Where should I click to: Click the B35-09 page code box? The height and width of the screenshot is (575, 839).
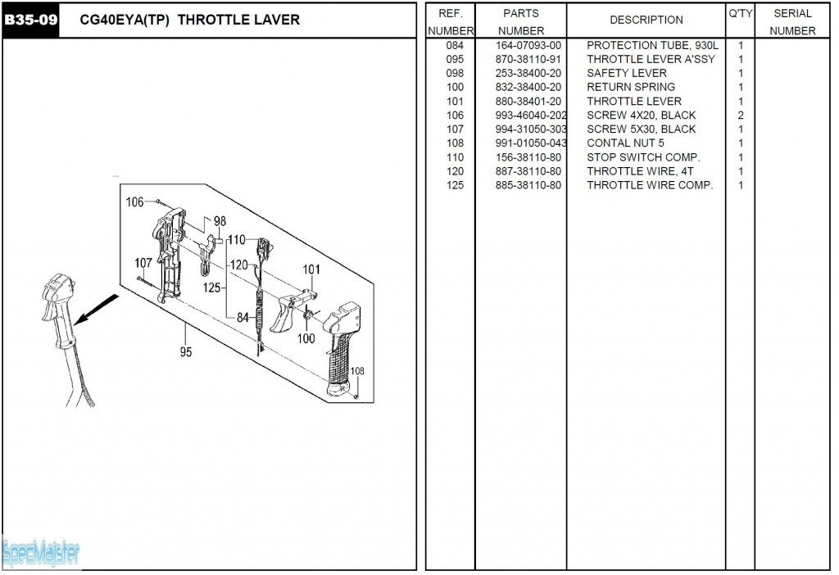click(x=31, y=20)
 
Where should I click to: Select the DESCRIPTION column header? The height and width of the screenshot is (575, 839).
click(x=646, y=20)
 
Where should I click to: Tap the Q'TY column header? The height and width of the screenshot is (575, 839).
click(x=740, y=14)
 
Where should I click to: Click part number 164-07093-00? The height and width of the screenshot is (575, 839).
click(x=528, y=45)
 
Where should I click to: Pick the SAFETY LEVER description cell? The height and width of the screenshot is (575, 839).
click(x=626, y=73)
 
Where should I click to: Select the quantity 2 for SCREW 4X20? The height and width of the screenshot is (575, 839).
click(x=741, y=115)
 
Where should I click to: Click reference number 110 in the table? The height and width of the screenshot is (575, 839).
click(x=455, y=157)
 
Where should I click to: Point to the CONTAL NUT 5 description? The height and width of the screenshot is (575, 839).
click(x=625, y=143)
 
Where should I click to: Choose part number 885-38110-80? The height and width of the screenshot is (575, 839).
click(x=528, y=185)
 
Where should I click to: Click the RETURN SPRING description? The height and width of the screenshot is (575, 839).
click(x=631, y=87)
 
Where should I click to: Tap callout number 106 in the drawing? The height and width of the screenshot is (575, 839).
click(x=134, y=201)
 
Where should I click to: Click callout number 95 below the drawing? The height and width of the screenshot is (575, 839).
click(x=186, y=352)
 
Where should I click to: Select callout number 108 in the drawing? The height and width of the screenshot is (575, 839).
click(x=357, y=371)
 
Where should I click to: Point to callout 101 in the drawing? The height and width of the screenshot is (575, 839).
click(x=311, y=269)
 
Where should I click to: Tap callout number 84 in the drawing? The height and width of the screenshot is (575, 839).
click(x=243, y=318)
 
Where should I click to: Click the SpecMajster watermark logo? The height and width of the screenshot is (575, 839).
click(x=41, y=554)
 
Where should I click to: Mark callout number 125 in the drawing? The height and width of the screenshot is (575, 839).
click(x=211, y=287)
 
